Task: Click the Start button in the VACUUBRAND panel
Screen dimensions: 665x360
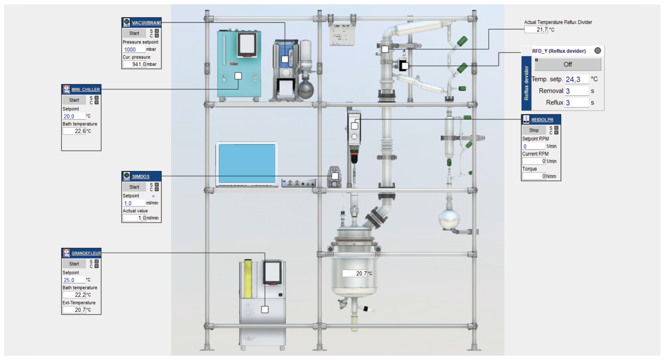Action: [134, 33]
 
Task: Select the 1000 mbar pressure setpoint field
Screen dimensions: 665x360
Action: [133, 49]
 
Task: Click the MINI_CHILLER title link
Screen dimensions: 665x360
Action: [85, 89]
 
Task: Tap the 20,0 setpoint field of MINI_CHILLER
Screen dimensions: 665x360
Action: [73, 116]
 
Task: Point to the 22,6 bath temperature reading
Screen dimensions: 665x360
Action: [74, 131]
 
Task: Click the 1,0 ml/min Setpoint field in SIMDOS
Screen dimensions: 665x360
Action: [134, 203]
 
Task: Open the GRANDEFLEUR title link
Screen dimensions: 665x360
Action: [86, 253]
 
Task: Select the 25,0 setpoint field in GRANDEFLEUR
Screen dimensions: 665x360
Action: [73, 280]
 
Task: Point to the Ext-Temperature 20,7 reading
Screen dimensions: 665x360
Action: [74, 310]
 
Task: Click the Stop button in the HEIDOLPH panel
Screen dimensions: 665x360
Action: [534, 130]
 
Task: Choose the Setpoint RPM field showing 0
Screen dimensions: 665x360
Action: [533, 146]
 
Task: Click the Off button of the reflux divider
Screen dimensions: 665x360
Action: [568, 64]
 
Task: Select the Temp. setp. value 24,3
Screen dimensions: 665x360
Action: [576, 79]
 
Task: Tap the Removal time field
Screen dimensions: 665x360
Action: [576, 91]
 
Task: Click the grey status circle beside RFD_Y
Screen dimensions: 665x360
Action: [597, 51]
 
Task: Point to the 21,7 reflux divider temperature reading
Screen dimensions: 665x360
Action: [536, 30]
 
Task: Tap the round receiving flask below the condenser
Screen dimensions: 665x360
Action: [449, 219]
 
